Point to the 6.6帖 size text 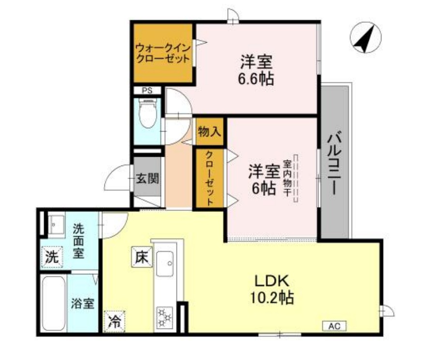point(256,79)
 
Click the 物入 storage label point(209,132)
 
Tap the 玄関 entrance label point(147,179)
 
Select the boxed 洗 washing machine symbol point(51,257)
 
